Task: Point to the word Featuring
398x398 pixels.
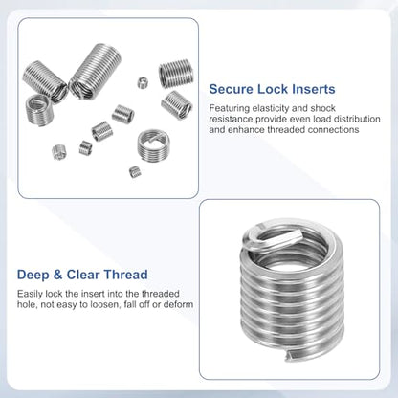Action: [x=230, y=108]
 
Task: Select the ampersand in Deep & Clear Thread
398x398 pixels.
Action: [x=58, y=275]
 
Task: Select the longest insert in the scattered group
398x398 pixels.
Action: [x=96, y=71]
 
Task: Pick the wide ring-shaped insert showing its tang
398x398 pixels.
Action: [x=153, y=145]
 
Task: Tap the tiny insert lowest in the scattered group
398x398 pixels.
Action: [x=135, y=172]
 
